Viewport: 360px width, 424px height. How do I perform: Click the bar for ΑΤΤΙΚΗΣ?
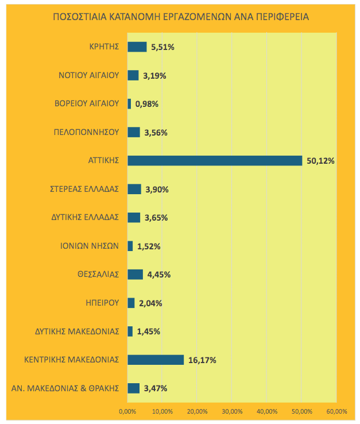[x=214, y=160]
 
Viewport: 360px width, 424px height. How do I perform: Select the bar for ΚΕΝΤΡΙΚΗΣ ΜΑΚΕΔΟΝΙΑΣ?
[x=156, y=360]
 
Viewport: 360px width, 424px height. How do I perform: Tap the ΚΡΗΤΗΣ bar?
[x=137, y=47]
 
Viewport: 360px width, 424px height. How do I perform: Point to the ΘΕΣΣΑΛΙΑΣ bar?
[x=135, y=274]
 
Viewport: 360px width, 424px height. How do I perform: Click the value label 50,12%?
[x=320, y=161]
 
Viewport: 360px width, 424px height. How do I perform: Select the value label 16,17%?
[x=202, y=360]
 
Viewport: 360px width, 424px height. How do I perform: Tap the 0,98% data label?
[x=146, y=104]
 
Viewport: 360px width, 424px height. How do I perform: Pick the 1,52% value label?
[x=149, y=246]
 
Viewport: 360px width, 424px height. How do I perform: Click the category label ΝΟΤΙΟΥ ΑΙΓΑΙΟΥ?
[x=88, y=75]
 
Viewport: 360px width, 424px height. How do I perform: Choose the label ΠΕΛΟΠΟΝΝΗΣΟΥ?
[x=87, y=132]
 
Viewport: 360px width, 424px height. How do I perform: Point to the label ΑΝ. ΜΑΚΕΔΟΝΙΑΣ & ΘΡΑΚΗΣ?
[x=65, y=388]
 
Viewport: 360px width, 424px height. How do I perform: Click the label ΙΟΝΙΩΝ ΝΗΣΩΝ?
[x=90, y=246]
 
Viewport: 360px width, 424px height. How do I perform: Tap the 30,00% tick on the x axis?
[x=232, y=411]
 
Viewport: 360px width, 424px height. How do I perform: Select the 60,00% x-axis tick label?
[x=336, y=411]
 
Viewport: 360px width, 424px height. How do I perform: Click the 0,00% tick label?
[x=127, y=411]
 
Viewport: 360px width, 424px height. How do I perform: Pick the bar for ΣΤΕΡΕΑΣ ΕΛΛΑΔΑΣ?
[x=134, y=189]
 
